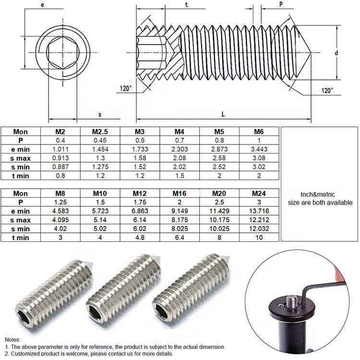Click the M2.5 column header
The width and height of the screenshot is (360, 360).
(x=100, y=132)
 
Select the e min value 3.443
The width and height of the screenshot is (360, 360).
(x=259, y=149)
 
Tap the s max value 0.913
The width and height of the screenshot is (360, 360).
(x=60, y=158)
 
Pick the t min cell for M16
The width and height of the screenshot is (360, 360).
(x=180, y=238)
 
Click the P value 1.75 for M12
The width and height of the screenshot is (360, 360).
(x=140, y=202)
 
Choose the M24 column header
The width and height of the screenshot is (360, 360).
(x=259, y=193)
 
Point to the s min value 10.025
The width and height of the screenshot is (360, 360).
(x=219, y=228)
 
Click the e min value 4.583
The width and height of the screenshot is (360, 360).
(x=60, y=211)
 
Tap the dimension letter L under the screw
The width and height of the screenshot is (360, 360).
(x=223, y=114)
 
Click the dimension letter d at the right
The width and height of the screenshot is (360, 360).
(x=336, y=53)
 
